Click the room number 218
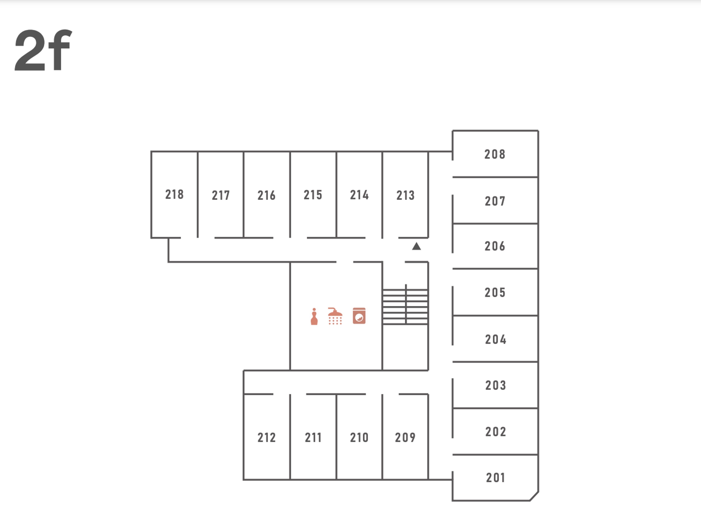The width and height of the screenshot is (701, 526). [174, 194]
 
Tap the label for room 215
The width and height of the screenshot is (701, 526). [313, 195]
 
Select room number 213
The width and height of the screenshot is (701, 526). [405, 195]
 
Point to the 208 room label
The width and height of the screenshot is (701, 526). [495, 154]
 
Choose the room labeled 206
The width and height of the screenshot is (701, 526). [495, 246]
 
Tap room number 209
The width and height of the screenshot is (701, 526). [405, 438]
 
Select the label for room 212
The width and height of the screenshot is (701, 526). [267, 438]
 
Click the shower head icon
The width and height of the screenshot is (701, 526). [335, 316]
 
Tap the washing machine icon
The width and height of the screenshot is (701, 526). [359, 316]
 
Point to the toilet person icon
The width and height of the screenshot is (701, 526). [314, 317]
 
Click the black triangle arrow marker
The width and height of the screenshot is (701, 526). [416, 246]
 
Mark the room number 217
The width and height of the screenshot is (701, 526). [221, 195]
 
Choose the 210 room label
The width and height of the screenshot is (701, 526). [359, 438]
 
